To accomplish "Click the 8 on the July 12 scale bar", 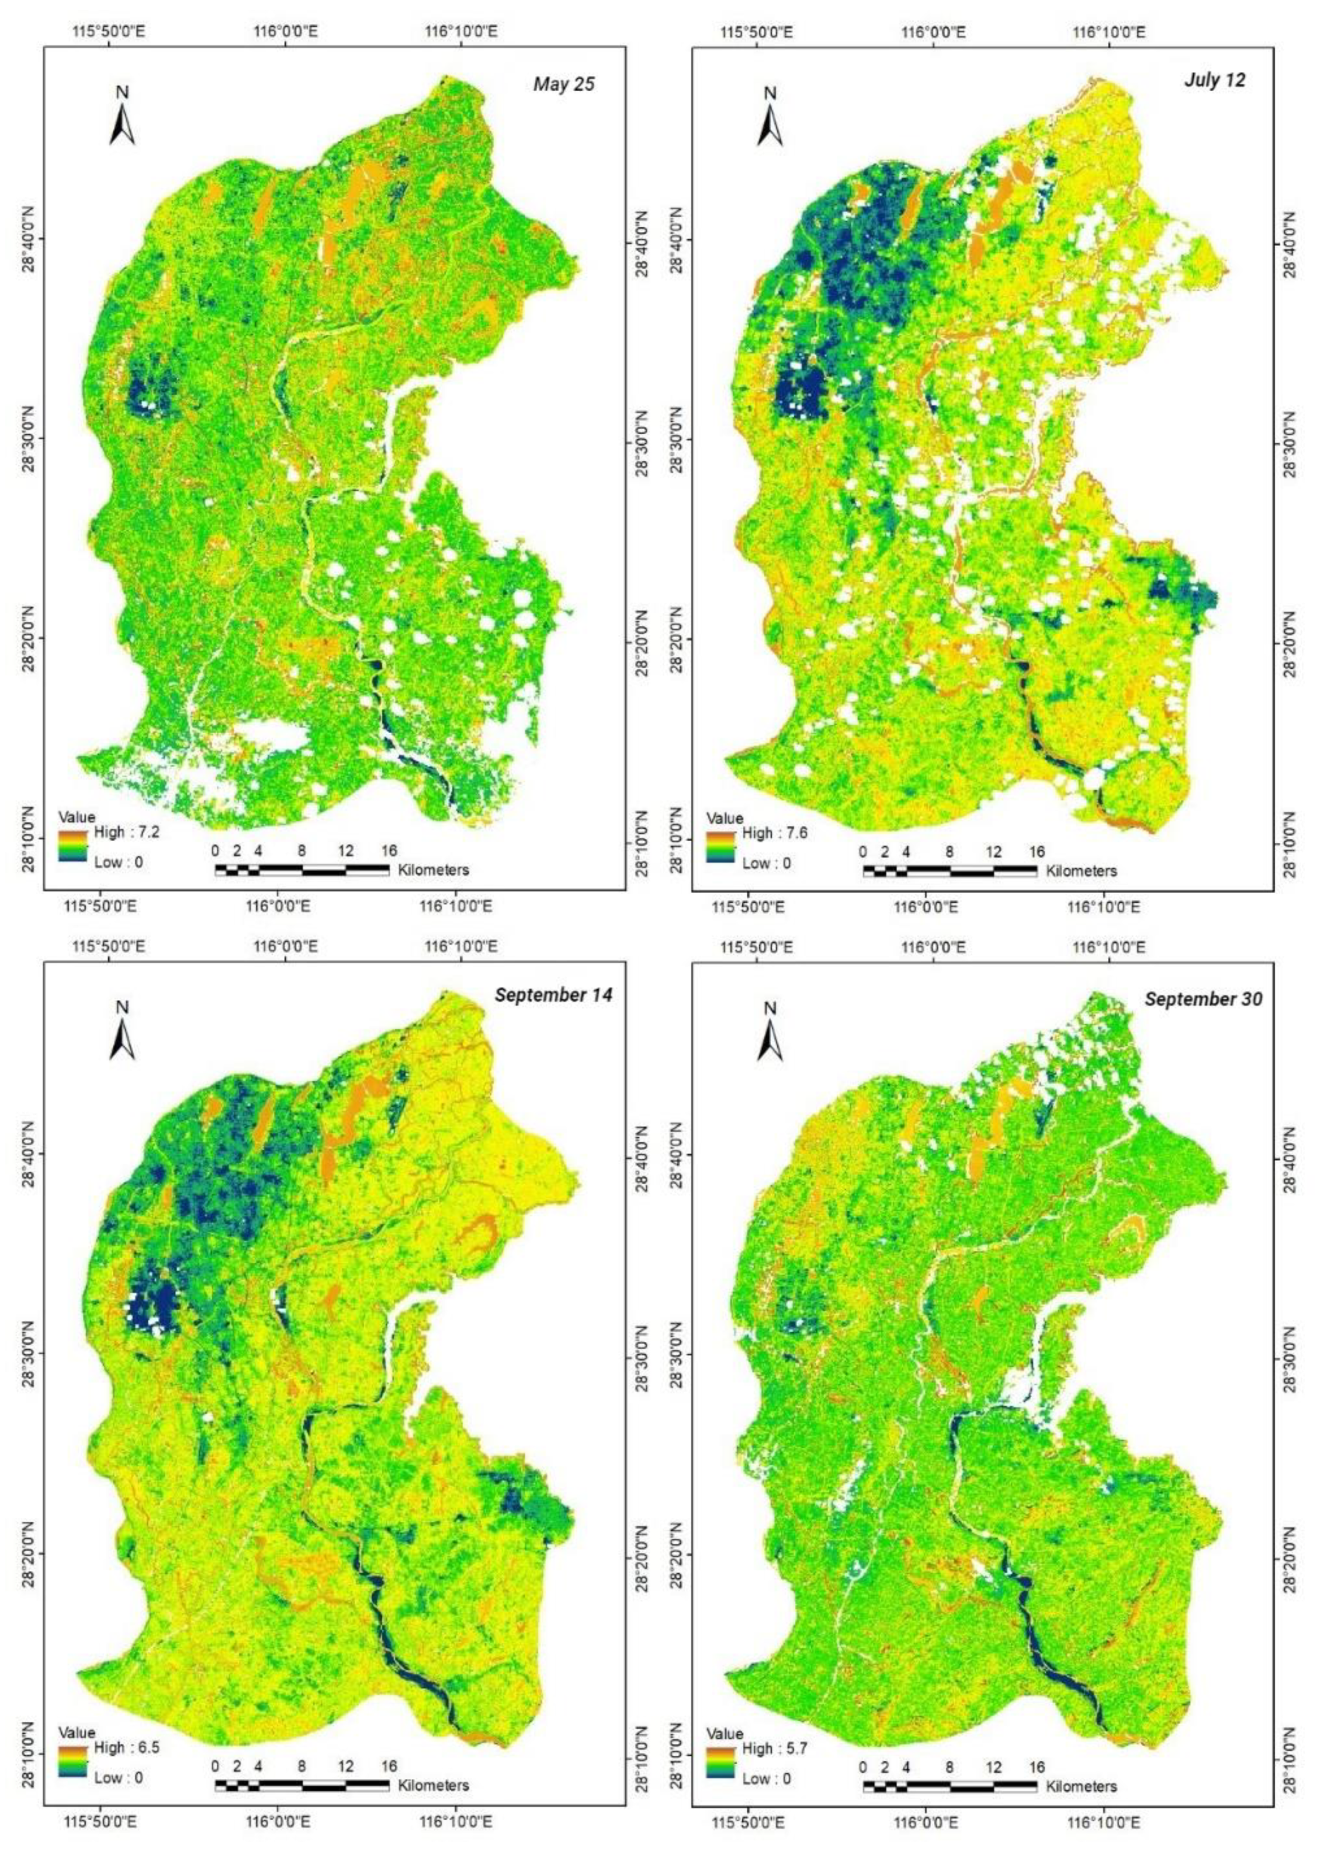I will [949, 851].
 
